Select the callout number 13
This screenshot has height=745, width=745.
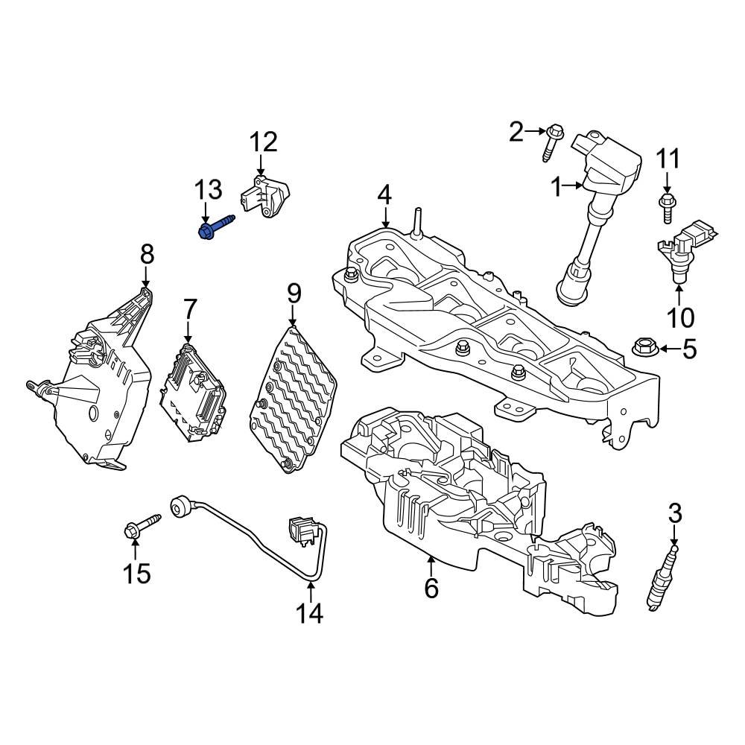tap(209, 190)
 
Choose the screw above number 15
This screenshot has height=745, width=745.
tap(141, 527)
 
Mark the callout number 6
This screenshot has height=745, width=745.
tap(431, 588)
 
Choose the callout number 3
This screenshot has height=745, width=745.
tap(675, 513)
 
